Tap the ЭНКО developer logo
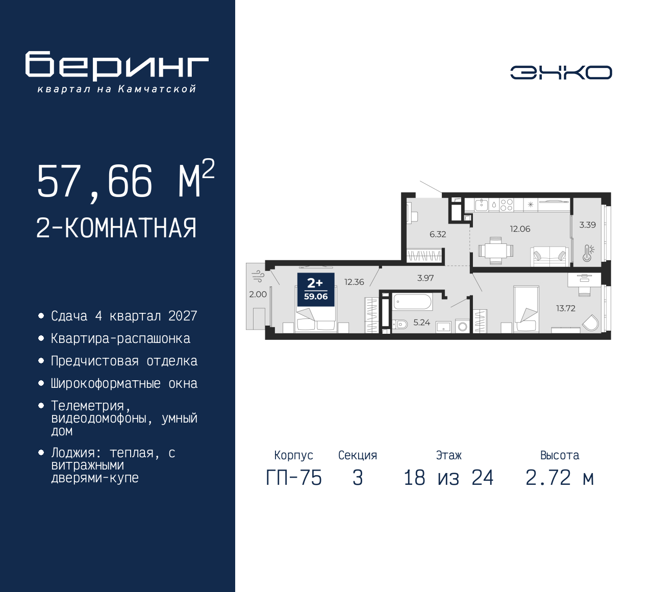(x=561, y=72)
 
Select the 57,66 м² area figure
(x=125, y=180)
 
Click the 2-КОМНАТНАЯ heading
(x=116, y=228)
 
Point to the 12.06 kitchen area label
(x=520, y=229)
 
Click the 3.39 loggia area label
(x=588, y=225)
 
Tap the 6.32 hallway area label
(x=438, y=234)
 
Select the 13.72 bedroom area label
(x=566, y=308)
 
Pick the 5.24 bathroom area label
(x=421, y=323)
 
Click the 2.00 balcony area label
(x=258, y=294)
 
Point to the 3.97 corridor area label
(x=425, y=278)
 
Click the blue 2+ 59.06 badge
(x=316, y=289)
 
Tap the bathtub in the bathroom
(x=412, y=302)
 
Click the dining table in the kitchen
(x=496, y=251)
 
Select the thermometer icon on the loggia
(x=588, y=253)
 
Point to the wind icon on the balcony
(x=259, y=276)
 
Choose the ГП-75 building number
(x=294, y=478)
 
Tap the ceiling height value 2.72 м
(x=560, y=478)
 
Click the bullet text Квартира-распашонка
(x=120, y=338)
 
